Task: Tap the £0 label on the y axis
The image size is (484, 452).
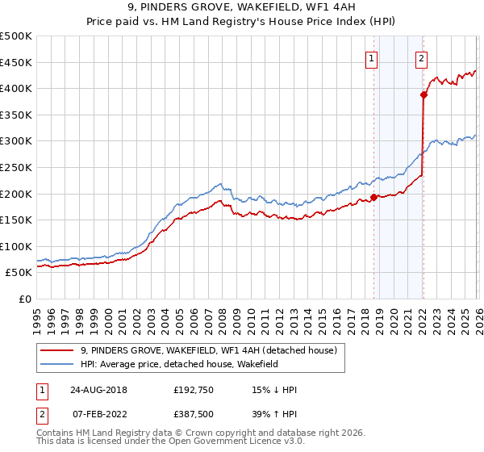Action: (x=26, y=299)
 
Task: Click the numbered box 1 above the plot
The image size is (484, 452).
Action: (x=372, y=58)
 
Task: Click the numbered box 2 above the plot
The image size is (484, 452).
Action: (x=422, y=58)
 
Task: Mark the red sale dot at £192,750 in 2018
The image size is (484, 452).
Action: (x=373, y=197)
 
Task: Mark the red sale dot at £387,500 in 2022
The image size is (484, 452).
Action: (x=423, y=94)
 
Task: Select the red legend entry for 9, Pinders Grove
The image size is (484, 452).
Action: (x=213, y=350)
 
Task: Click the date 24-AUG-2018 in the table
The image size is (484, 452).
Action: (x=98, y=390)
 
